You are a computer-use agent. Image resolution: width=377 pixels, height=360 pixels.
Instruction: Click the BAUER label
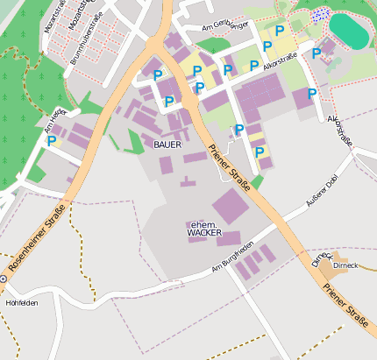click(x=168, y=143)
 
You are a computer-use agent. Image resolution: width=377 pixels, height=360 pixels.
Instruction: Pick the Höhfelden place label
click(x=22, y=303)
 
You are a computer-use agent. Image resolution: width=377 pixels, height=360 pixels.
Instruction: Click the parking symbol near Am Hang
click(x=52, y=140)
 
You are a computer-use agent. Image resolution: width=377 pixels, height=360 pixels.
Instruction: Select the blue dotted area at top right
click(x=320, y=15)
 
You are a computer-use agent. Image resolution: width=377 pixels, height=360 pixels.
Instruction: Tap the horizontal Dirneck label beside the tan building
click(x=345, y=261)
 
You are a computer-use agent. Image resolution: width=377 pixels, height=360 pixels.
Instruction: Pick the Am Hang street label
click(x=54, y=120)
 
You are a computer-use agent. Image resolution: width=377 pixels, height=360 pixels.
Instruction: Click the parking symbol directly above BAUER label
click(x=168, y=102)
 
